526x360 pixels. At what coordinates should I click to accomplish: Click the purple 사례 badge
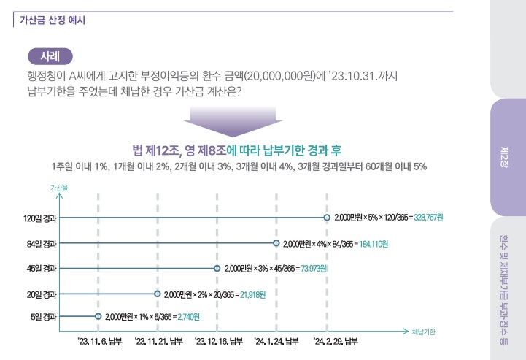(50, 55)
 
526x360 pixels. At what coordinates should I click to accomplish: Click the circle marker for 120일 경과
(327, 218)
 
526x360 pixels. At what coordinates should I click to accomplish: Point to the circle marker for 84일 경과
(276, 243)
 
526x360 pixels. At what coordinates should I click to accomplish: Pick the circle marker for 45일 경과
(217, 269)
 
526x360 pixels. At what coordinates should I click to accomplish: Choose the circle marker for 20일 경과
(158, 294)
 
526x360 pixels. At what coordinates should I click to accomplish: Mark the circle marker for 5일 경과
(98, 317)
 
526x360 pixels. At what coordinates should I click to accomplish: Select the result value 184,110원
(378, 243)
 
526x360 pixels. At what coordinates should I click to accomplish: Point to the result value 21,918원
(252, 294)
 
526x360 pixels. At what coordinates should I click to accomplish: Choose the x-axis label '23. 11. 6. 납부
(99, 341)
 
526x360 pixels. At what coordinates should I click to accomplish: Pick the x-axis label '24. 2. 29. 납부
(336, 341)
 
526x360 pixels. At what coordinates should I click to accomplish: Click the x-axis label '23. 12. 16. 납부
(217, 341)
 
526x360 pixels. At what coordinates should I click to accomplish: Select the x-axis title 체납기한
(424, 331)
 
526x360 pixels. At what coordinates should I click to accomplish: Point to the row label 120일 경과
(39, 218)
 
